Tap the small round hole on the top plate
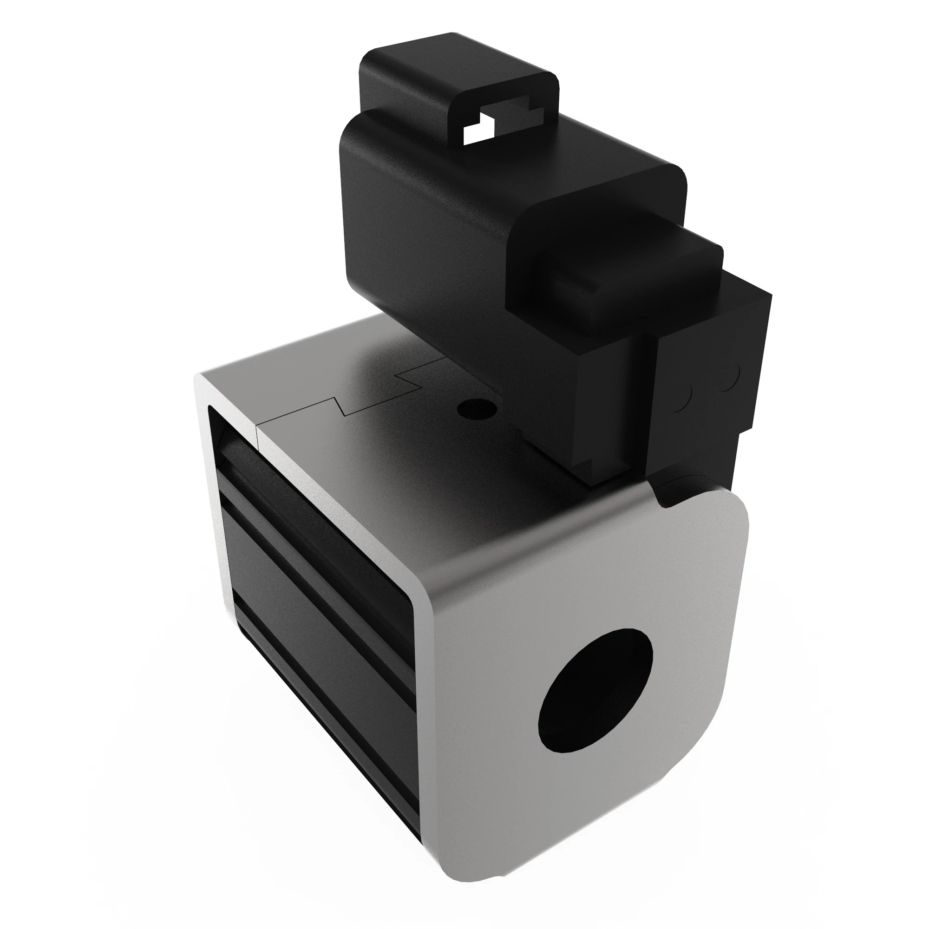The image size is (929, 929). tap(477, 409)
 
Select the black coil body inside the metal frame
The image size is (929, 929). tap(313, 553)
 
